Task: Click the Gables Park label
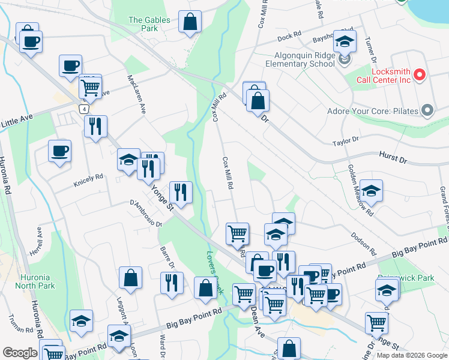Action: tap(149, 24)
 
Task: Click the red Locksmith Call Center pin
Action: tap(420, 75)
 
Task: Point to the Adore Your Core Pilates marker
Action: tap(427, 110)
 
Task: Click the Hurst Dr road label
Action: tap(393, 158)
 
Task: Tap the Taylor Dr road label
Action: tap(346, 142)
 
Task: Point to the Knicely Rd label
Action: tap(88, 177)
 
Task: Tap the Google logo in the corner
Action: tap(19, 352)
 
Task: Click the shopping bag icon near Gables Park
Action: tap(190, 22)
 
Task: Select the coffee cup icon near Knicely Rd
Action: tap(59, 151)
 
